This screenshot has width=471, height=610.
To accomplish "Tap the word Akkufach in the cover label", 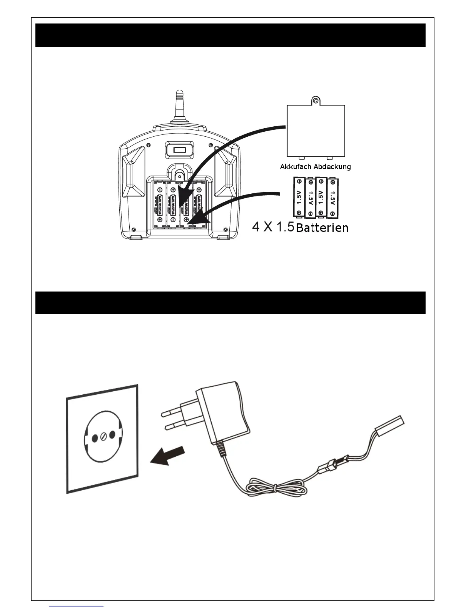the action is [296, 167].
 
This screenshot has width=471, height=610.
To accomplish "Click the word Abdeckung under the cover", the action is [332, 167].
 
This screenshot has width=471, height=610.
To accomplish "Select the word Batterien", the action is [322, 228].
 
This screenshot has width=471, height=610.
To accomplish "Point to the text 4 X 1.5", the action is [273, 227].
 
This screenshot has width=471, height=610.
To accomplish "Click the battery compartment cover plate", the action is [316, 131].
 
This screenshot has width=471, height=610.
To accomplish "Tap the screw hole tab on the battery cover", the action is [316, 101].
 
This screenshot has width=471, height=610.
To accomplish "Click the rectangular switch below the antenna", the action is [179, 150].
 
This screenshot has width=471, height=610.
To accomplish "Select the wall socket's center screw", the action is [104, 436].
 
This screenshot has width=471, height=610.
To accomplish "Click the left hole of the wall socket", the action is [95, 437].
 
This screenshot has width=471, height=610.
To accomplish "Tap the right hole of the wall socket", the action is [112, 435].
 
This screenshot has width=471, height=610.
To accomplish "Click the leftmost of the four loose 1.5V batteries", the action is [299, 196].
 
